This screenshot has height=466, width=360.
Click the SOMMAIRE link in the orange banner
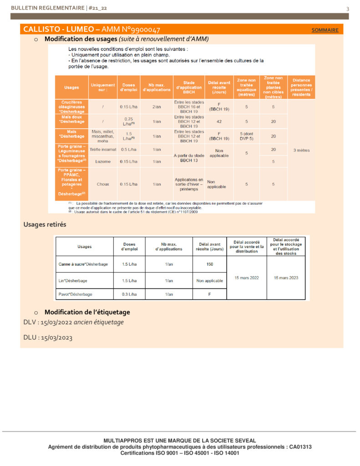325,30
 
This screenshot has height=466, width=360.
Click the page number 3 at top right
348,9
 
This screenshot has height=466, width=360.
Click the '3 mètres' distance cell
301,150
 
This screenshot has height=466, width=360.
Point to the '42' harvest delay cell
218,122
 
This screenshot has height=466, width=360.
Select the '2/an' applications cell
156,106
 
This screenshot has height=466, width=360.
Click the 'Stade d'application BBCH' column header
188,87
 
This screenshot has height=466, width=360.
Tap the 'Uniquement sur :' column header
103,87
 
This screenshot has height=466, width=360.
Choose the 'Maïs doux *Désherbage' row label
72,119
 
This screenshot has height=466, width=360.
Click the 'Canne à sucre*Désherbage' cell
83,264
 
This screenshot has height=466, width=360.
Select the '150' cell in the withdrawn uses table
209,264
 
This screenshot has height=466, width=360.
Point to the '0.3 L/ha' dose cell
129,294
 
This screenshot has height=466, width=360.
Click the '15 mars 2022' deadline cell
246,278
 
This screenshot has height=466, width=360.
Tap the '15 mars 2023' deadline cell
285,278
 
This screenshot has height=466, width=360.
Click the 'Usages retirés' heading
45,224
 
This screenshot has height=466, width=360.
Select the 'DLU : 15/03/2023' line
48,338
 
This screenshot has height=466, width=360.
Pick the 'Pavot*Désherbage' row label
76,294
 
